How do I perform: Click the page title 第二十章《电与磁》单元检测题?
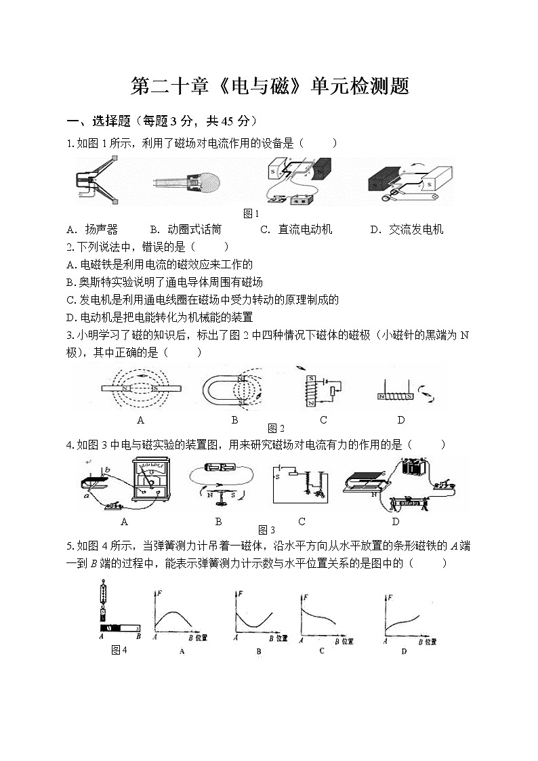tap(269, 87)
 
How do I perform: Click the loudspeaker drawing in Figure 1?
tap(96, 180)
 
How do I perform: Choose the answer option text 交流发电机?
tap(416, 230)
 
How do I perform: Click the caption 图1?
tap(251, 214)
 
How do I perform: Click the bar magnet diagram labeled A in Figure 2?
tap(140, 389)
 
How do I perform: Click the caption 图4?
tap(119, 650)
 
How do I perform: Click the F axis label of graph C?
tap(306, 597)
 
